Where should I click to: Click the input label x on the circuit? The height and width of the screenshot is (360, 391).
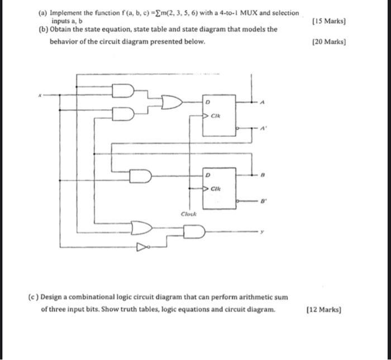tap(40, 94)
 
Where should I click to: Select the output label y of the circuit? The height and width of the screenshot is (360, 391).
tap(260, 230)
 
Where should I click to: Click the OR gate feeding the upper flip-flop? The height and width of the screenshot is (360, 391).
tap(171, 103)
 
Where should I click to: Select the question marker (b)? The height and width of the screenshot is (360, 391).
tap(43, 30)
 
